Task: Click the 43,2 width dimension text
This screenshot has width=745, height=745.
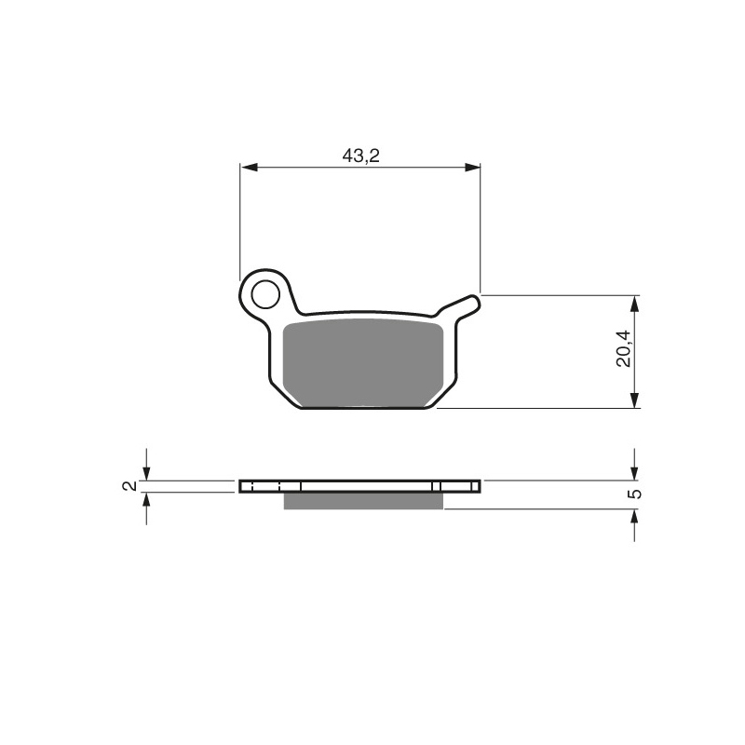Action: (x=360, y=156)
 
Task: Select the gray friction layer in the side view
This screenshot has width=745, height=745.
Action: (x=363, y=502)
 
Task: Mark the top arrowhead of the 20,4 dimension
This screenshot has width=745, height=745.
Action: (x=634, y=304)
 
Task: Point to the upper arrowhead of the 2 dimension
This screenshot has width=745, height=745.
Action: (x=145, y=474)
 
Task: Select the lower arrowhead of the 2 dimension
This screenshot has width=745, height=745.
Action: (x=145, y=498)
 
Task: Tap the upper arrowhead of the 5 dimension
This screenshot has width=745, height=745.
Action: (x=634, y=473)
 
